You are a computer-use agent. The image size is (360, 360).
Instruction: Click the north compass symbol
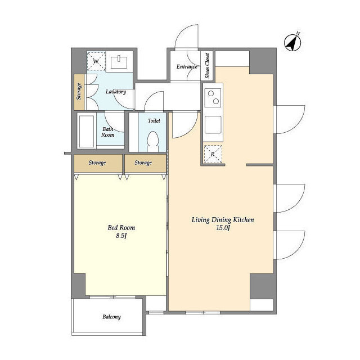pos(292,43)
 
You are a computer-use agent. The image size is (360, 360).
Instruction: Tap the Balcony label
pos(111,317)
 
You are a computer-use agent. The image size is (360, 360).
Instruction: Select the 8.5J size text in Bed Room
pos(121,236)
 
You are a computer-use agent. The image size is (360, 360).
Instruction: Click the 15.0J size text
pos(223,228)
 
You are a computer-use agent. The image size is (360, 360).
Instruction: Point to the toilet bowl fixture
pos(152,141)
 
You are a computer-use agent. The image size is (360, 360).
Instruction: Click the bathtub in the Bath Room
pos(87,131)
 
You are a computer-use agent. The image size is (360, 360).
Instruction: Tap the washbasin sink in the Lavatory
pos(119,62)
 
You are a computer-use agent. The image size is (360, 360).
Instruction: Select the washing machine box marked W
pos(96,61)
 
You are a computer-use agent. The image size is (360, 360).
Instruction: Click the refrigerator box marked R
pos(213,154)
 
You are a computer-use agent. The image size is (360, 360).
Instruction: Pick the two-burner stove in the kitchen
pos(213,97)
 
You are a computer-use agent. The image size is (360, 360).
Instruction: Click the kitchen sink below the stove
pos(213,125)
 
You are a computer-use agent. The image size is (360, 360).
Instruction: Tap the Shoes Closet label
pos(208,66)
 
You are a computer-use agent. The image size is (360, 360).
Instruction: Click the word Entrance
pos(187,66)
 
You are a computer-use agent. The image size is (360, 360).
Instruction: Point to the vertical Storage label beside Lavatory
pos(79,91)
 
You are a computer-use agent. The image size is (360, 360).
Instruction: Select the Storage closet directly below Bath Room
pos(98,163)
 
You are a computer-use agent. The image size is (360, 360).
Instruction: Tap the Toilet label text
pos(154,120)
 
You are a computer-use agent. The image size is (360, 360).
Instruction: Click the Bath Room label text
pos(107,132)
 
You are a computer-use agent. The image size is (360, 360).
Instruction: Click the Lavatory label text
pos(116,92)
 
